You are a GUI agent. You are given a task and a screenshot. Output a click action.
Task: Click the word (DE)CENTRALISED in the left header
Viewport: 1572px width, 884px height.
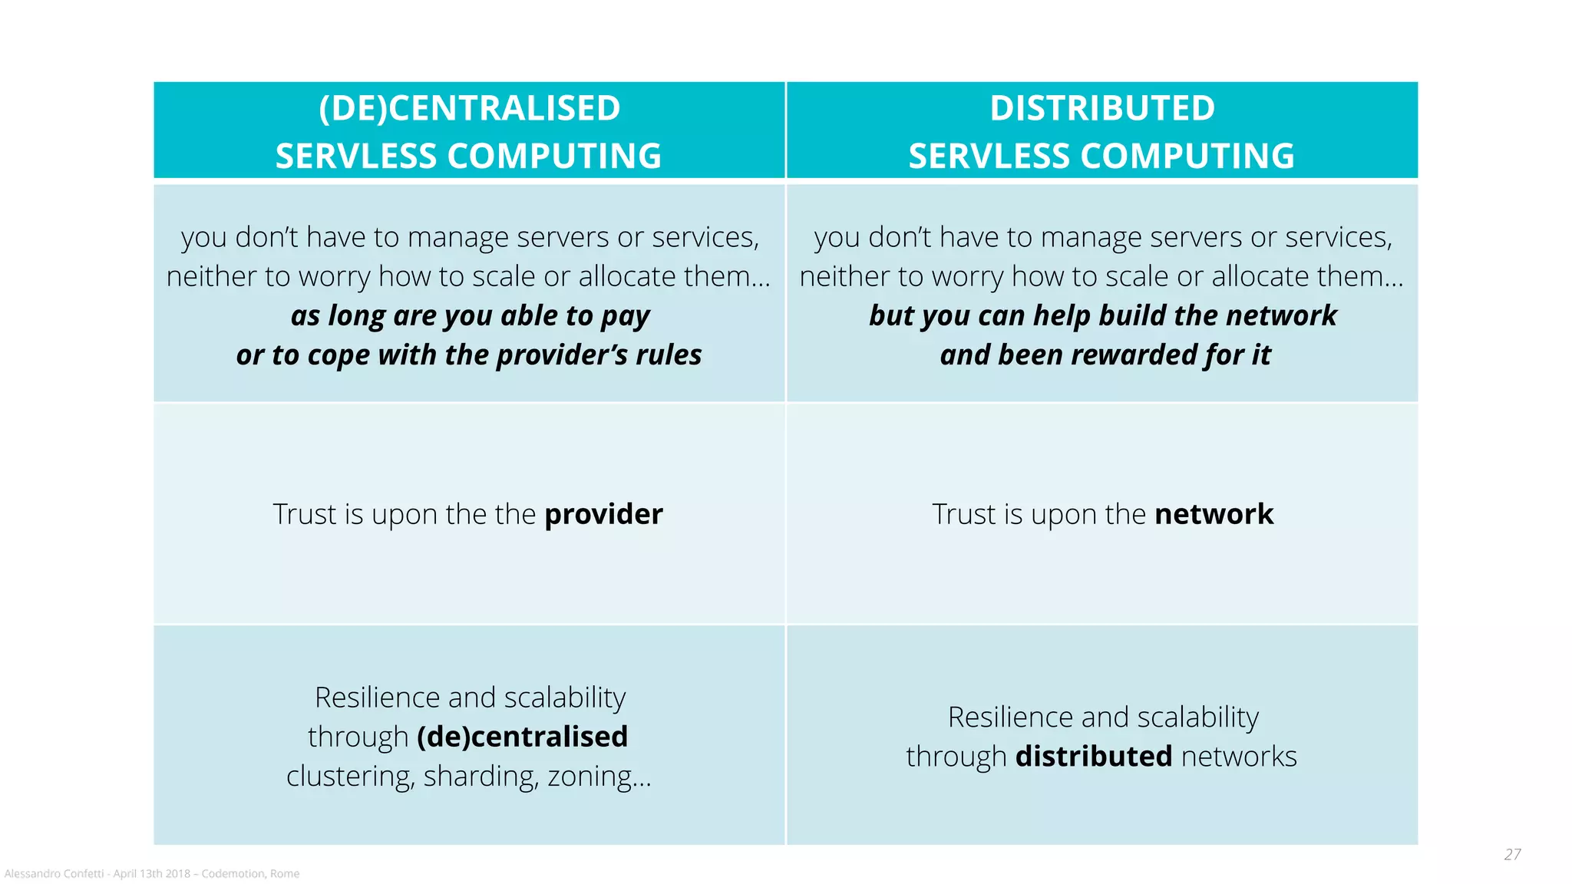469,108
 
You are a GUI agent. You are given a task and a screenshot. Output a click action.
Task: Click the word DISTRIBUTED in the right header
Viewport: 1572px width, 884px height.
1102,108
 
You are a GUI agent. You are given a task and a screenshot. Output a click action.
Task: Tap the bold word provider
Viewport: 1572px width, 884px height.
603,514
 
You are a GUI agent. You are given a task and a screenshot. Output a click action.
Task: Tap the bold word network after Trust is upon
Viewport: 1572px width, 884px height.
1214,514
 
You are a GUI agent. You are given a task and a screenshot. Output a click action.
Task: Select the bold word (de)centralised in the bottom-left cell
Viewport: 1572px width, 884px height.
522,737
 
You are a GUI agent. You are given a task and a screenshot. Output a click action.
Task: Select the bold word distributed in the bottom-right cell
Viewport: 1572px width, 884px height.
1094,757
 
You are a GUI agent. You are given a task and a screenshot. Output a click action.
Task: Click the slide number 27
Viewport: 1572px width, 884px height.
1512,854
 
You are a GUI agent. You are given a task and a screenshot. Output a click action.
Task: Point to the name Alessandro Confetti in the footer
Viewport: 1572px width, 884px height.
54,874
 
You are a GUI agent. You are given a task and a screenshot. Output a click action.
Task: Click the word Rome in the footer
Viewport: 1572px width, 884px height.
285,874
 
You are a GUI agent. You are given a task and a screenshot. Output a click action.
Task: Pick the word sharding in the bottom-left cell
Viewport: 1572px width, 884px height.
481,777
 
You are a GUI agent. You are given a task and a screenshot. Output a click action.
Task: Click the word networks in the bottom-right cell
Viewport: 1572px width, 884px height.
1239,757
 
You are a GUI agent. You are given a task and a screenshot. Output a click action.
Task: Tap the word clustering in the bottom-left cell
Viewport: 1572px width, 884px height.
350,777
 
